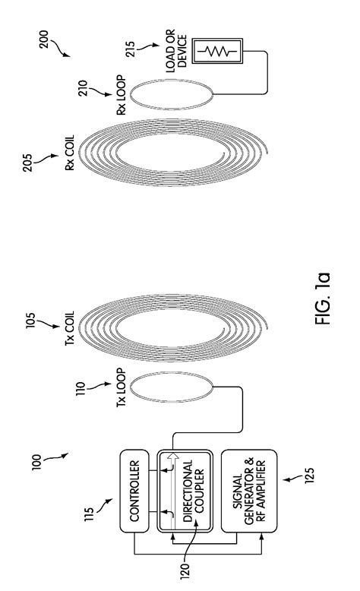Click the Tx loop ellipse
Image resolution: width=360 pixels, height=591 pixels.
[x=152, y=390]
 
